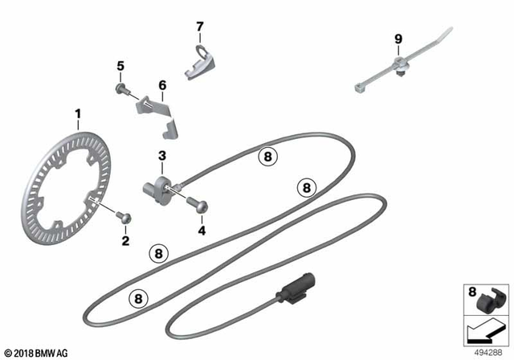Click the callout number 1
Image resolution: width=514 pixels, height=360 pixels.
pyautogui.click(x=78, y=113)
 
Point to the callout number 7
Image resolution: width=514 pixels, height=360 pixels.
pyautogui.click(x=200, y=27)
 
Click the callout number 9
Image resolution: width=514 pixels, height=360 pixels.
pyautogui.click(x=397, y=39)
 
